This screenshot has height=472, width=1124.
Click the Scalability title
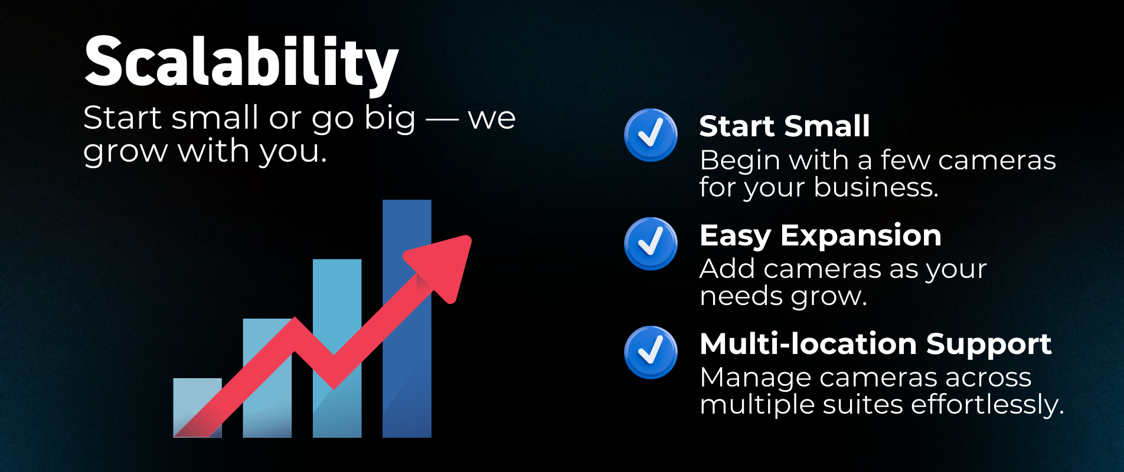coord(241,63)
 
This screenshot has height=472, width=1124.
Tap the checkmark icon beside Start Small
coord(651,135)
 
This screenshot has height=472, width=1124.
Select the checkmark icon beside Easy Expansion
coord(651,244)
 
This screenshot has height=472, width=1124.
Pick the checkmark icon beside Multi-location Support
coord(651,352)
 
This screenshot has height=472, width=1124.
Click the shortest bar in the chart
coord(197,408)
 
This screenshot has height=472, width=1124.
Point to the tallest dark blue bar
coord(407,319)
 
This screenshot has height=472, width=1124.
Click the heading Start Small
coord(785,126)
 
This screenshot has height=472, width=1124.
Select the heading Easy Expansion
coord(821,236)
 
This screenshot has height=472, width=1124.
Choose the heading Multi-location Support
coord(875,344)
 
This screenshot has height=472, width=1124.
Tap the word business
coord(876,187)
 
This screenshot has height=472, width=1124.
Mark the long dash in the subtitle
coord(442,119)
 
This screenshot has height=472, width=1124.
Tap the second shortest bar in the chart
coord(267,378)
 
